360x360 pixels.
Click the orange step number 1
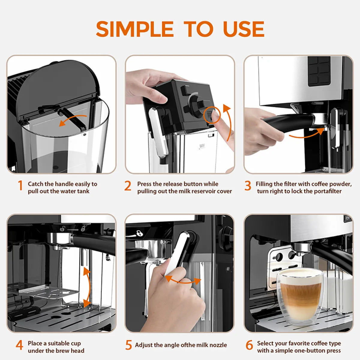coord(20,186)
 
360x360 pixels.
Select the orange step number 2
coord(128,186)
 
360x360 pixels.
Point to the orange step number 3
coord(247,186)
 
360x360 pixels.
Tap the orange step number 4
coord(19,345)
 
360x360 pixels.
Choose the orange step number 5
coord(128,345)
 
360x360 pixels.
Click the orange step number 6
coord(249,345)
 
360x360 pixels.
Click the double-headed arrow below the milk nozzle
coord(183,281)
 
